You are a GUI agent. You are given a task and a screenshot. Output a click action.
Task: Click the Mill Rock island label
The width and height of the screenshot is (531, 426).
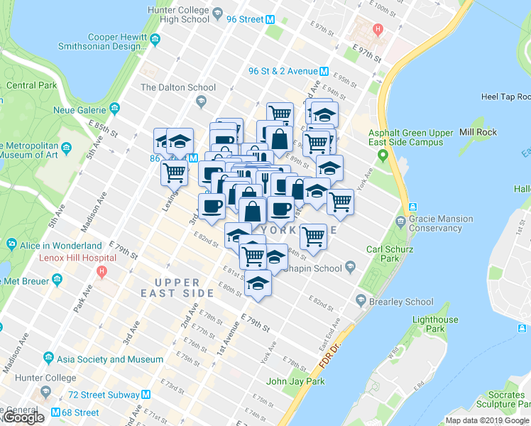point(476,132)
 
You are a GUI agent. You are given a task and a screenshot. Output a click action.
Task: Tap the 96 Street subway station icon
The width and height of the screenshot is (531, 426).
point(270,20)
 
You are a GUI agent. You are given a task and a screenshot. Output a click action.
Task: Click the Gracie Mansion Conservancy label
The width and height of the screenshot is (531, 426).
point(440,224)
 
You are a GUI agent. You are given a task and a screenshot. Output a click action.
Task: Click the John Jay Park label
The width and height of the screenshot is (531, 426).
point(295,381)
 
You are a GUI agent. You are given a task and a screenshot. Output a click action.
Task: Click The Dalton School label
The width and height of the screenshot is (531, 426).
point(178,87)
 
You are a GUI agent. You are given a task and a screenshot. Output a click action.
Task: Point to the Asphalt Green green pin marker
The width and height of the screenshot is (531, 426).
point(383,155)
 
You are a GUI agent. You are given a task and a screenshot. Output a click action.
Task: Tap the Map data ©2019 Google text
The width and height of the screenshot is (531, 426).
point(486,420)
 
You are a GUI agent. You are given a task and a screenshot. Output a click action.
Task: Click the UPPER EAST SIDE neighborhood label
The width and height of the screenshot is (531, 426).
point(177,287)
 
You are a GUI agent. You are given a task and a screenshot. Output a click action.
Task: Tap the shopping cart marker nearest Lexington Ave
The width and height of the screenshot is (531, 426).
point(174,171)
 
